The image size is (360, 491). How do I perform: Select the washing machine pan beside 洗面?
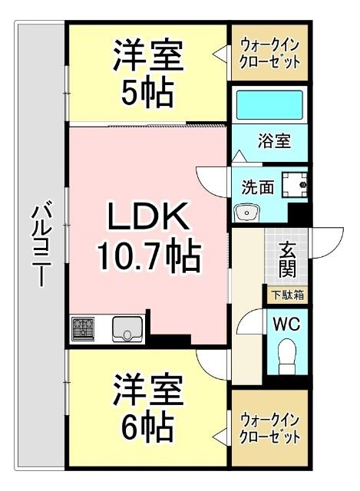294,184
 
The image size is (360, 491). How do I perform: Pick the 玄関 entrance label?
287,260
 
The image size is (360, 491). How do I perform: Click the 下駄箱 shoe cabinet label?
287,294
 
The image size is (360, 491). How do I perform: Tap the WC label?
286,323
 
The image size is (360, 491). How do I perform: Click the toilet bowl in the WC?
287,354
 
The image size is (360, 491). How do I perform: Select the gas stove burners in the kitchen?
84,329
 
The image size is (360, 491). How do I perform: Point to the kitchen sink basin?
126,329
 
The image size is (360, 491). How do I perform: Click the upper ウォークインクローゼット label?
270,51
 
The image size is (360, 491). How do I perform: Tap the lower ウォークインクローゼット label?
270,429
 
